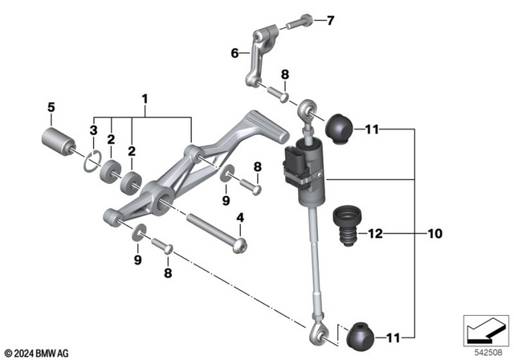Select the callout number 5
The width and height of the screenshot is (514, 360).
coord(51,106)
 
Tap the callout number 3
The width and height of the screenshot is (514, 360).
coord(93,130)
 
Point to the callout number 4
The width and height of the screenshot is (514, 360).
coord(239,217)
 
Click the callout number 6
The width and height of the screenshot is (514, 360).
coord(235,54)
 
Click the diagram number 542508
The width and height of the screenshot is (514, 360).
coord(483,351)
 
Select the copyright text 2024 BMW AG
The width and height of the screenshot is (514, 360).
coord(38,352)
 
